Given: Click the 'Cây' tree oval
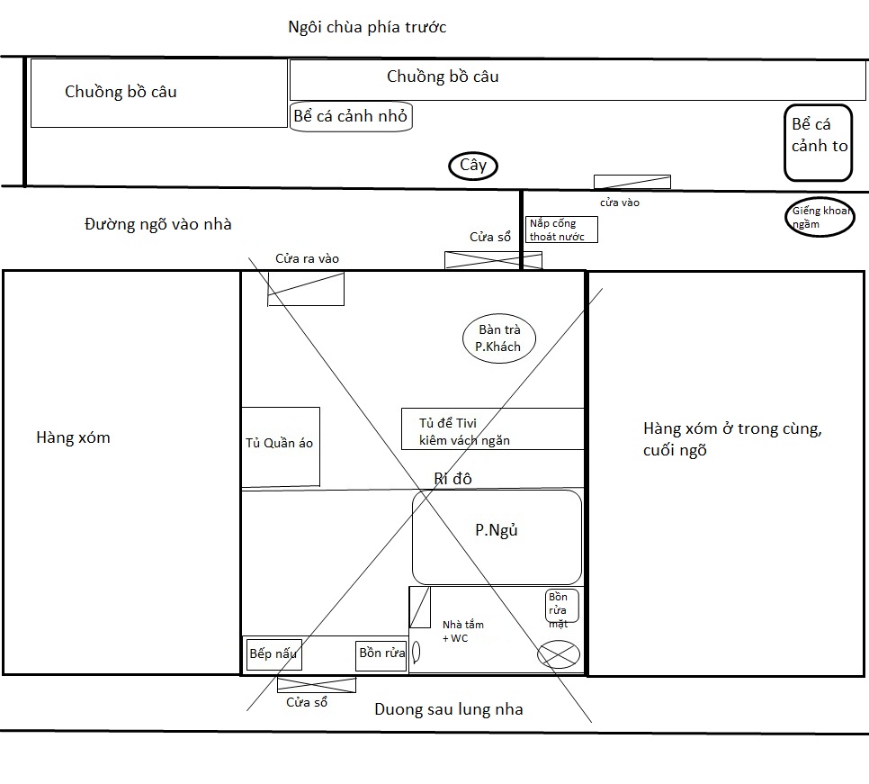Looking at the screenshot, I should (x=473, y=166).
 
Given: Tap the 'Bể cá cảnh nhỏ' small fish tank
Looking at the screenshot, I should (x=352, y=117).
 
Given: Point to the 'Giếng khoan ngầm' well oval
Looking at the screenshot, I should (x=818, y=218).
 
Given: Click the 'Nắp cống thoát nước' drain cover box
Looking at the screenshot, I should (x=561, y=230).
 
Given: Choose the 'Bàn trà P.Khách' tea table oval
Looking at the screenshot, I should (x=499, y=338).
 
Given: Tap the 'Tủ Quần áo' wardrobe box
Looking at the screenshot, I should (x=280, y=446).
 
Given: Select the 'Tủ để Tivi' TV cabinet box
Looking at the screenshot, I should (x=492, y=429).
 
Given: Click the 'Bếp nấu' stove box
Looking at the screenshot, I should (x=273, y=653).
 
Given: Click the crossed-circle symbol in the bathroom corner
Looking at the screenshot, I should (x=558, y=653).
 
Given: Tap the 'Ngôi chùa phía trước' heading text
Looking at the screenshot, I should (x=366, y=27).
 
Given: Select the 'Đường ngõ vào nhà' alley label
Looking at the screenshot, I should (x=158, y=224).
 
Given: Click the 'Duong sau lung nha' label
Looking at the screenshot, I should (x=448, y=709).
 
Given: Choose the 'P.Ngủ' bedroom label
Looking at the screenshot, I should (x=497, y=530).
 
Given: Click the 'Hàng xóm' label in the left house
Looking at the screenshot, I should (x=73, y=437).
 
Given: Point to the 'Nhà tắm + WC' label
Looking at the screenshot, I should (x=462, y=631).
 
